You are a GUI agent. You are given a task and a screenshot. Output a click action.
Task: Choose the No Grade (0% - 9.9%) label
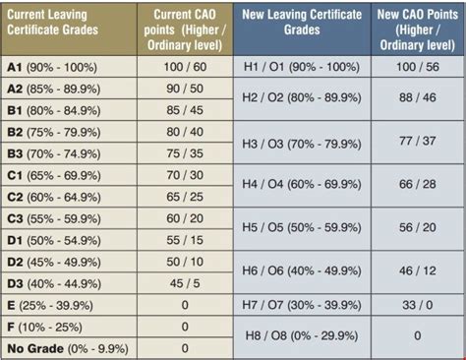tap(67, 348)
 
